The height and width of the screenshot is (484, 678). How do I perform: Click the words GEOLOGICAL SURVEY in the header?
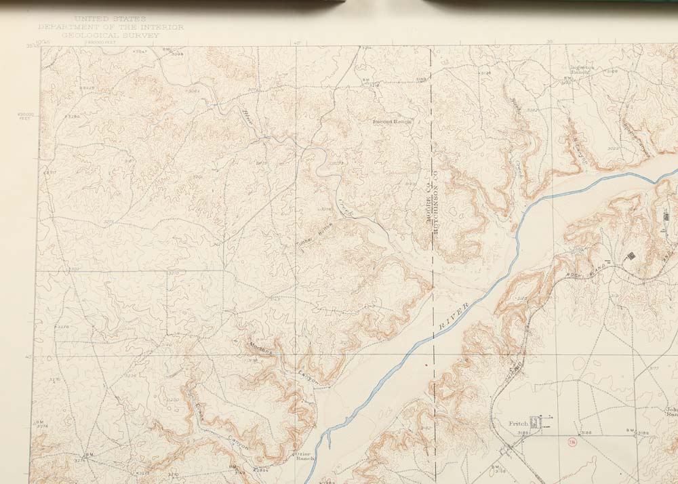click(x=109, y=35)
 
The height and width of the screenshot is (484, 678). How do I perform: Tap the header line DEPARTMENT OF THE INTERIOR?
click(x=111, y=27)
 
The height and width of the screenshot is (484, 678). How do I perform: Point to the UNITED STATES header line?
click(x=110, y=19)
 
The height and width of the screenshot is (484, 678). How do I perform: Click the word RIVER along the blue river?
click(x=454, y=317)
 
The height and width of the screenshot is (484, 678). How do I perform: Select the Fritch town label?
click(x=518, y=424)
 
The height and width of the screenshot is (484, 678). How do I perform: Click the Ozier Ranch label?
click(x=302, y=456)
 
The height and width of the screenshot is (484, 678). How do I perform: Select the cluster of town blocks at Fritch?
click(x=537, y=423)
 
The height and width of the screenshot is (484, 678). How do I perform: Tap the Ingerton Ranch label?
click(x=580, y=70)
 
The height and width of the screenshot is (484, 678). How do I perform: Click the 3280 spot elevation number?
click(x=72, y=116)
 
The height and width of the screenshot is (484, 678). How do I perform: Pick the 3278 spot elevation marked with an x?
click(x=62, y=327)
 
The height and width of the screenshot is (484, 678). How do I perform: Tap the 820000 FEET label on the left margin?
click(x=26, y=117)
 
